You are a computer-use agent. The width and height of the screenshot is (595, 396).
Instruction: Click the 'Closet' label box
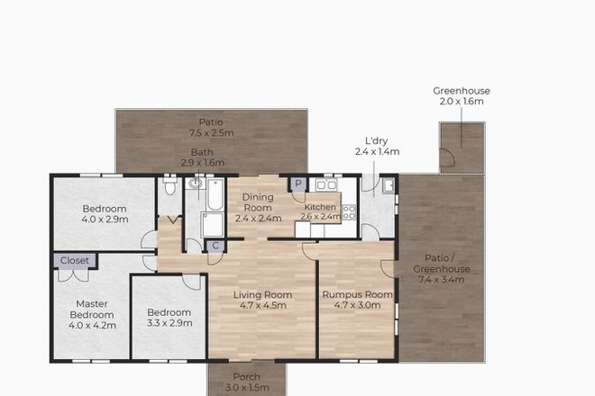coord(76,260)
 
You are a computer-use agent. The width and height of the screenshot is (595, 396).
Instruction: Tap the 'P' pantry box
coord(297,185)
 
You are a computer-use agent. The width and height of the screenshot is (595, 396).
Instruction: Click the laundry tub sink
coord(386,187)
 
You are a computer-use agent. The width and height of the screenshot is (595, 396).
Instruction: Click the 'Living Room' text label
coord(262,295)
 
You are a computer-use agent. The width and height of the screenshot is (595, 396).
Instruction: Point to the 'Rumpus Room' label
coord(358,295)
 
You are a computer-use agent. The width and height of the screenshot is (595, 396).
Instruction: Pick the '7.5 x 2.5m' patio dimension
coord(212,133)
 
